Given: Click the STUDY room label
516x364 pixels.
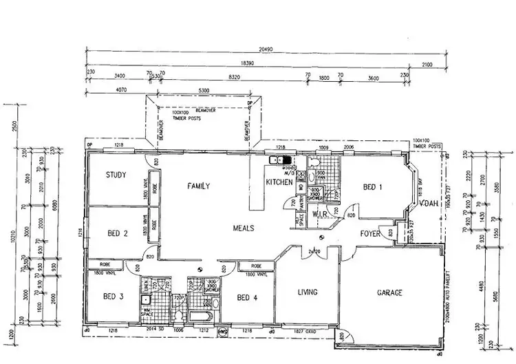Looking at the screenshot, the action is pos(116,175).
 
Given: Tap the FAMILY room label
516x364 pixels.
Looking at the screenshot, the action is pos(197,185).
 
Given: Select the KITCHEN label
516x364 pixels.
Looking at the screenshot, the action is pos(280,182).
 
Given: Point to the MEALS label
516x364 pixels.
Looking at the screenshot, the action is pos(244,227).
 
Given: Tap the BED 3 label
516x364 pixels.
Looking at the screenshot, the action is pos(114,297).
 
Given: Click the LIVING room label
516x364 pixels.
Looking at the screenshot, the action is pos(307,292).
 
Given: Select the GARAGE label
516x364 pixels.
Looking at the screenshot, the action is pos(389,292).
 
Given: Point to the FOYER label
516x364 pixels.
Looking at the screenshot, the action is pos(372,234).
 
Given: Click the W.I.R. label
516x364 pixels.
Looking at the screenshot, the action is pos(323,214).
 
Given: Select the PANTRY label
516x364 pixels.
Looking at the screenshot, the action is pos(301,204).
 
